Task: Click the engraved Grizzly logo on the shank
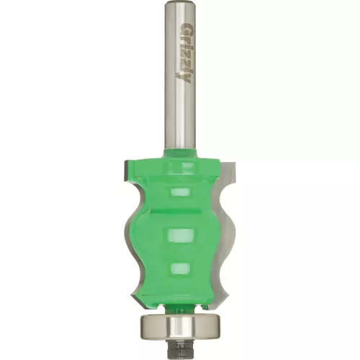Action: [x=184, y=54]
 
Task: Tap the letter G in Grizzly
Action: [x=185, y=29]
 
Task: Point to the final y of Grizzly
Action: [x=183, y=78]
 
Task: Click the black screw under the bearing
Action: [x=181, y=346]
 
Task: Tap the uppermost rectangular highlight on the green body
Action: [x=180, y=192]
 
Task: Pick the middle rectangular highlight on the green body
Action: [x=181, y=235]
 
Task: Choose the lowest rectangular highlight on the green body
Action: [x=181, y=269]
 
